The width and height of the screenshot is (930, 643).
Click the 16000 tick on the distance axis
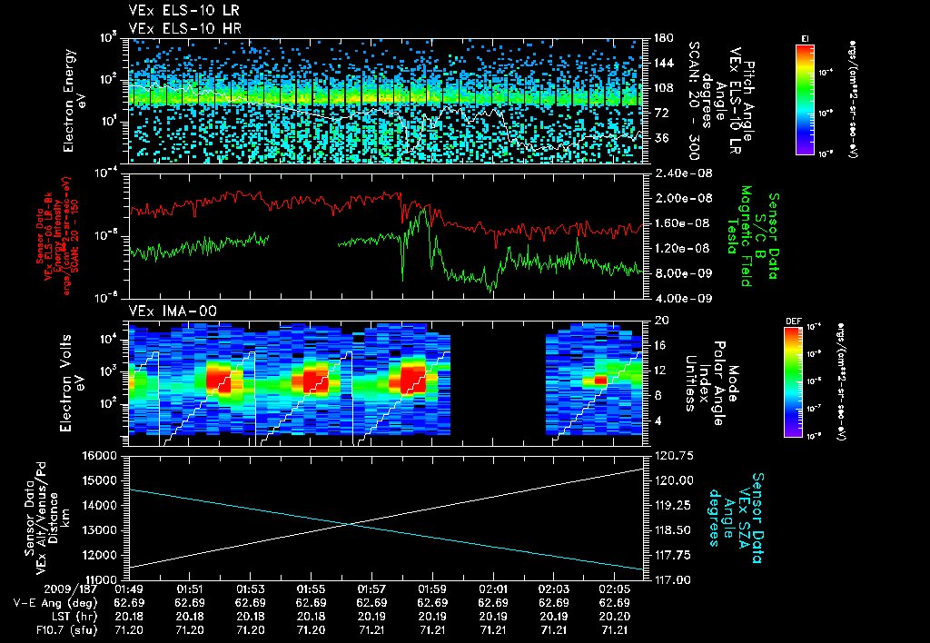click(x=102, y=455)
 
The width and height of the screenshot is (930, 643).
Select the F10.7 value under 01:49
click(x=129, y=628)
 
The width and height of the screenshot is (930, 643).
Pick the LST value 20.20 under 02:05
click(x=615, y=616)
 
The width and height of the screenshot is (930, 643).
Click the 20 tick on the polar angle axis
click(x=658, y=321)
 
